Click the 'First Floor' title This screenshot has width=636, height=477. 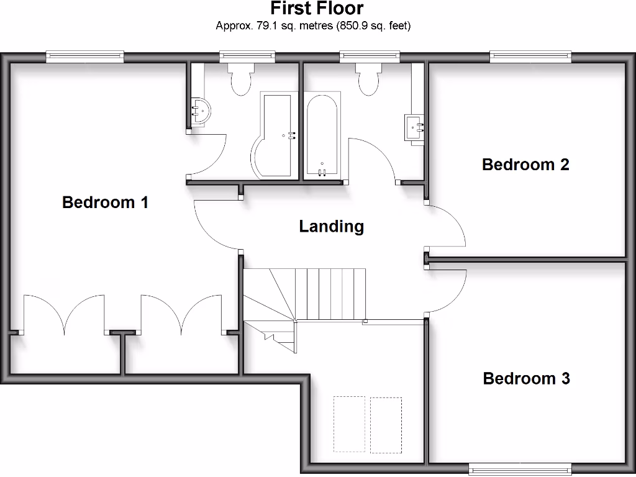pos(317,9)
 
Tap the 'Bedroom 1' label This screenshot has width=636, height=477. pos(105,202)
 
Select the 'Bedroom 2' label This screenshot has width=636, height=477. pos(525,165)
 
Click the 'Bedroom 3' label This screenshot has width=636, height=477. pos(526,378)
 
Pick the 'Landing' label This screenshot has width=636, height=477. pos(331,226)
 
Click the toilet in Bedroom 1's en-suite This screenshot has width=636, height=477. pos(239,77)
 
